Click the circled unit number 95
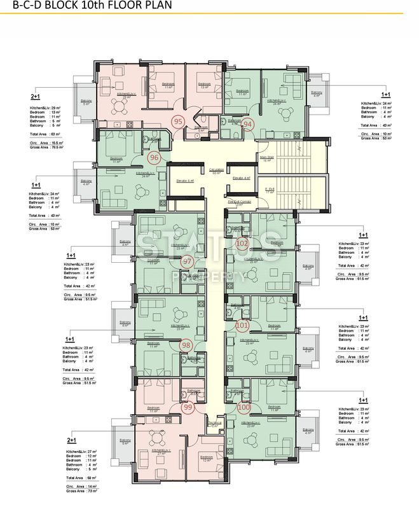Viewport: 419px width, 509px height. point(178,122)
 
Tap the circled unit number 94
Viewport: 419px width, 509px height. point(248,124)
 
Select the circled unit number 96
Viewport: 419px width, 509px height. point(153,157)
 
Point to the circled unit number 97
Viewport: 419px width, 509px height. point(187,261)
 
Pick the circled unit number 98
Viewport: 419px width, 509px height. point(186,345)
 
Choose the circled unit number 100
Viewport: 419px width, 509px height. point(244,407)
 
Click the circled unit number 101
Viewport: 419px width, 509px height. point(242,325)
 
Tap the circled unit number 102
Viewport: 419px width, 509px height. point(242,243)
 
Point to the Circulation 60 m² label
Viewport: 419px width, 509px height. point(216,171)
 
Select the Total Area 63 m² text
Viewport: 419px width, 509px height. point(45,134)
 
